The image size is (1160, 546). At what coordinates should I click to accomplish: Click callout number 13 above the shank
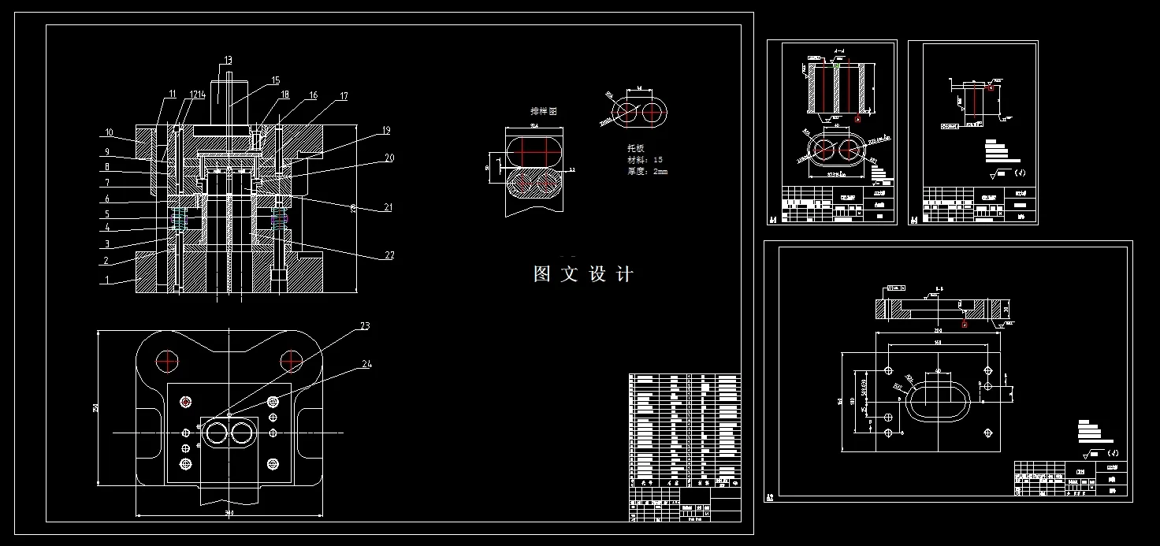[x=228, y=60]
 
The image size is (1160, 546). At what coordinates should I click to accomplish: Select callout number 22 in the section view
[x=389, y=255]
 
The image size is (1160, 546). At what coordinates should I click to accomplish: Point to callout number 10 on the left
[x=109, y=132]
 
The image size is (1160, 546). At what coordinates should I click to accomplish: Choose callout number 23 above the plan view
[x=365, y=326]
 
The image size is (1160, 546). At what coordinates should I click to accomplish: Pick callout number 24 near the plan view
[x=367, y=364]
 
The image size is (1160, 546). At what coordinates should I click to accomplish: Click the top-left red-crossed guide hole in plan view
[x=167, y=361]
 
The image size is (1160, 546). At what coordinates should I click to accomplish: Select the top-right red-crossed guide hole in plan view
[x=292, y=361]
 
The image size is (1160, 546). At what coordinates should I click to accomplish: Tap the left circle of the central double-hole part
[x=216, y=433]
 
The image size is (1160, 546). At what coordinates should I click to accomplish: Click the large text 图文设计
[x=583, y=274]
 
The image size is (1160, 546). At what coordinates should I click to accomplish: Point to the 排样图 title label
[x=543, y=112]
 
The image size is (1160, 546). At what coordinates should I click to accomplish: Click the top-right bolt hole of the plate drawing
[x=986, y=370]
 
